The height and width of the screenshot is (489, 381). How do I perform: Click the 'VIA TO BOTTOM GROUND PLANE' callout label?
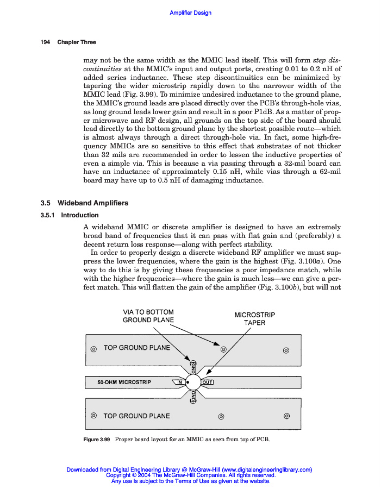(x=148, y=316)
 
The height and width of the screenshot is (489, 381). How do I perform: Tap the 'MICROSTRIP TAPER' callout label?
(x=254, y=318)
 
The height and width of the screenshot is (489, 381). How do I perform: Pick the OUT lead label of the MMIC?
(x=207, y=383)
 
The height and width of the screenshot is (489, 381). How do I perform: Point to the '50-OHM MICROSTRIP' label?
(x=124, y=383)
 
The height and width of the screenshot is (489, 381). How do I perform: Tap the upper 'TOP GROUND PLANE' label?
(x=136, y=348)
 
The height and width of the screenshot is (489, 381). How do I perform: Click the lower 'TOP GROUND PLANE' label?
(x=136, y=416)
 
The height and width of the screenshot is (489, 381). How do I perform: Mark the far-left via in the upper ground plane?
(x=93, y=349)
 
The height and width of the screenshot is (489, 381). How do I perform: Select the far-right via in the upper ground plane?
(x=286, y=349)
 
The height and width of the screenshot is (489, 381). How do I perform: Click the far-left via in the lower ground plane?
(x=93, y=416)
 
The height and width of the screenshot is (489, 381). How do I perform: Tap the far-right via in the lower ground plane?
(x=286, y=417)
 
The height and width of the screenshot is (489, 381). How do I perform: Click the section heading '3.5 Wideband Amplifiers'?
(x=84, y=203)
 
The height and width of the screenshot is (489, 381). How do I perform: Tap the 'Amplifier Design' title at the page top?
(x=191, y=12)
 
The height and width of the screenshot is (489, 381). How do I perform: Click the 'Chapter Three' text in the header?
(x=77, y=42)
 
